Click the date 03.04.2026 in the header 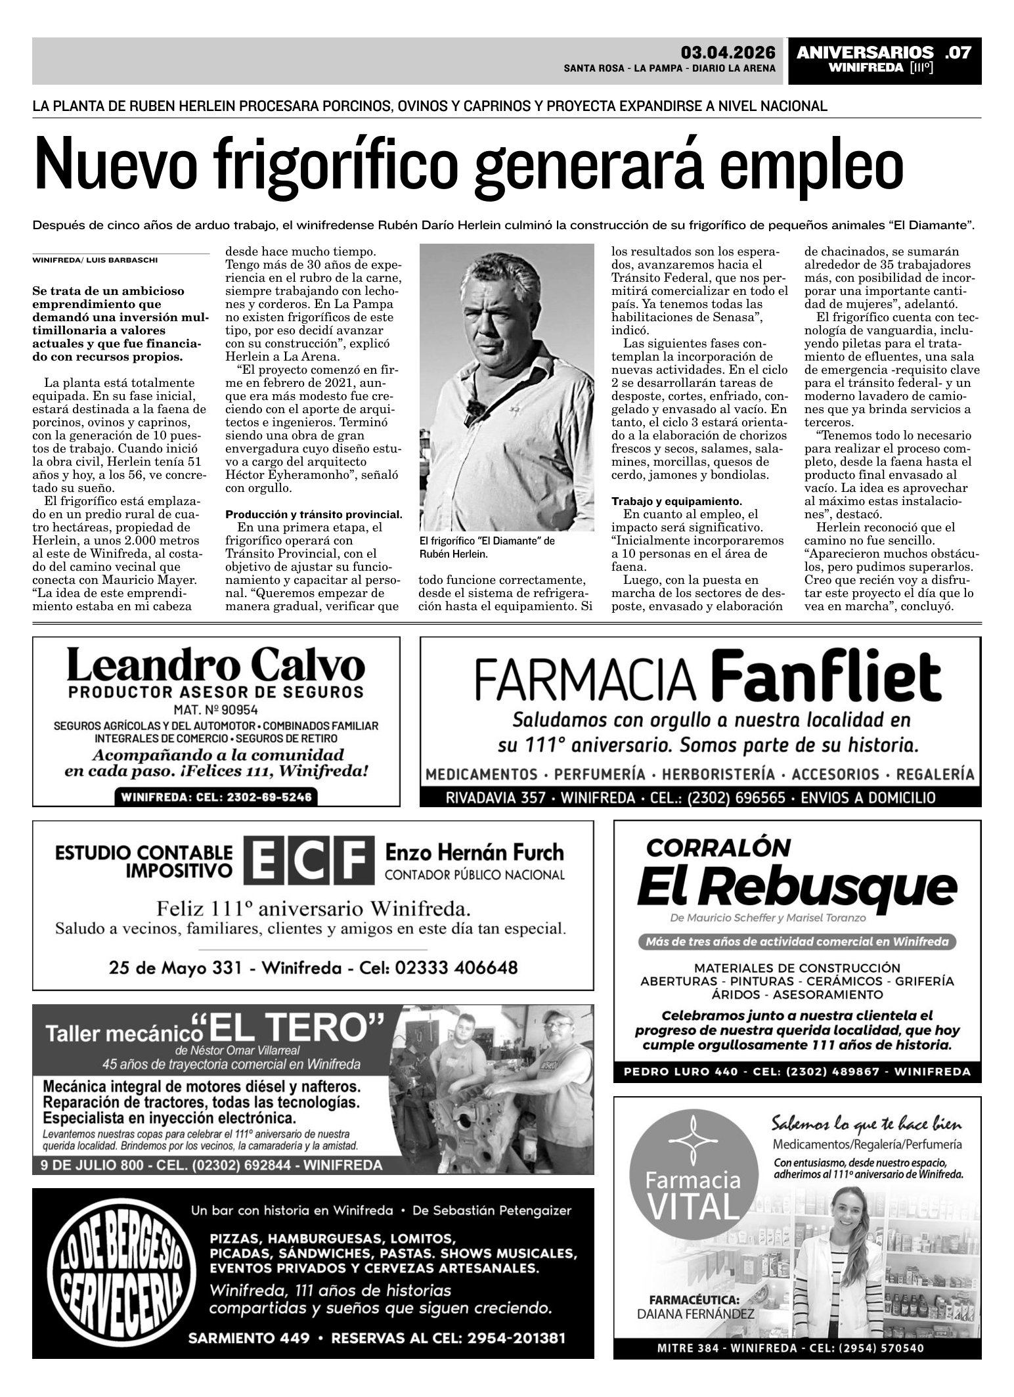pos(728,53)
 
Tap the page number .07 pos(957,53)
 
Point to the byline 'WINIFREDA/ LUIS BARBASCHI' pos(95,260)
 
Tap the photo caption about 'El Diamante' pos(486,547)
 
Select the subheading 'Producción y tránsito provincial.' pos(313,514)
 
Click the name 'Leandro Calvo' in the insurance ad pos(215,666)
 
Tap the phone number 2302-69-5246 pos(215,797)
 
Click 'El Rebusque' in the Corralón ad pos(796,889)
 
